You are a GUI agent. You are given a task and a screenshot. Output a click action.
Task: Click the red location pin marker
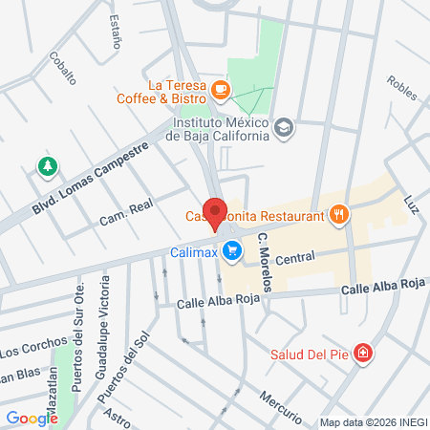[216, 213]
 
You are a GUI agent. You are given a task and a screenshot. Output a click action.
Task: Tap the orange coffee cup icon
[222, 90]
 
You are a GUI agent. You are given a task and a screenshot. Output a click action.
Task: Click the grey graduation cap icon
[283, 127]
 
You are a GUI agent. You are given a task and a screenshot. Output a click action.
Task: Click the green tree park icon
[46, 168]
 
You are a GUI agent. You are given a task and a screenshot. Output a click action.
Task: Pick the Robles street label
[402, 89]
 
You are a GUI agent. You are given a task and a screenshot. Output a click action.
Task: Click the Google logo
[32, 418]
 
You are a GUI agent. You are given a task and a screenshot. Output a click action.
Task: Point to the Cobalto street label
[61, 69]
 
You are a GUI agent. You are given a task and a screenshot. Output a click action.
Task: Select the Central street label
[294, 257]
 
